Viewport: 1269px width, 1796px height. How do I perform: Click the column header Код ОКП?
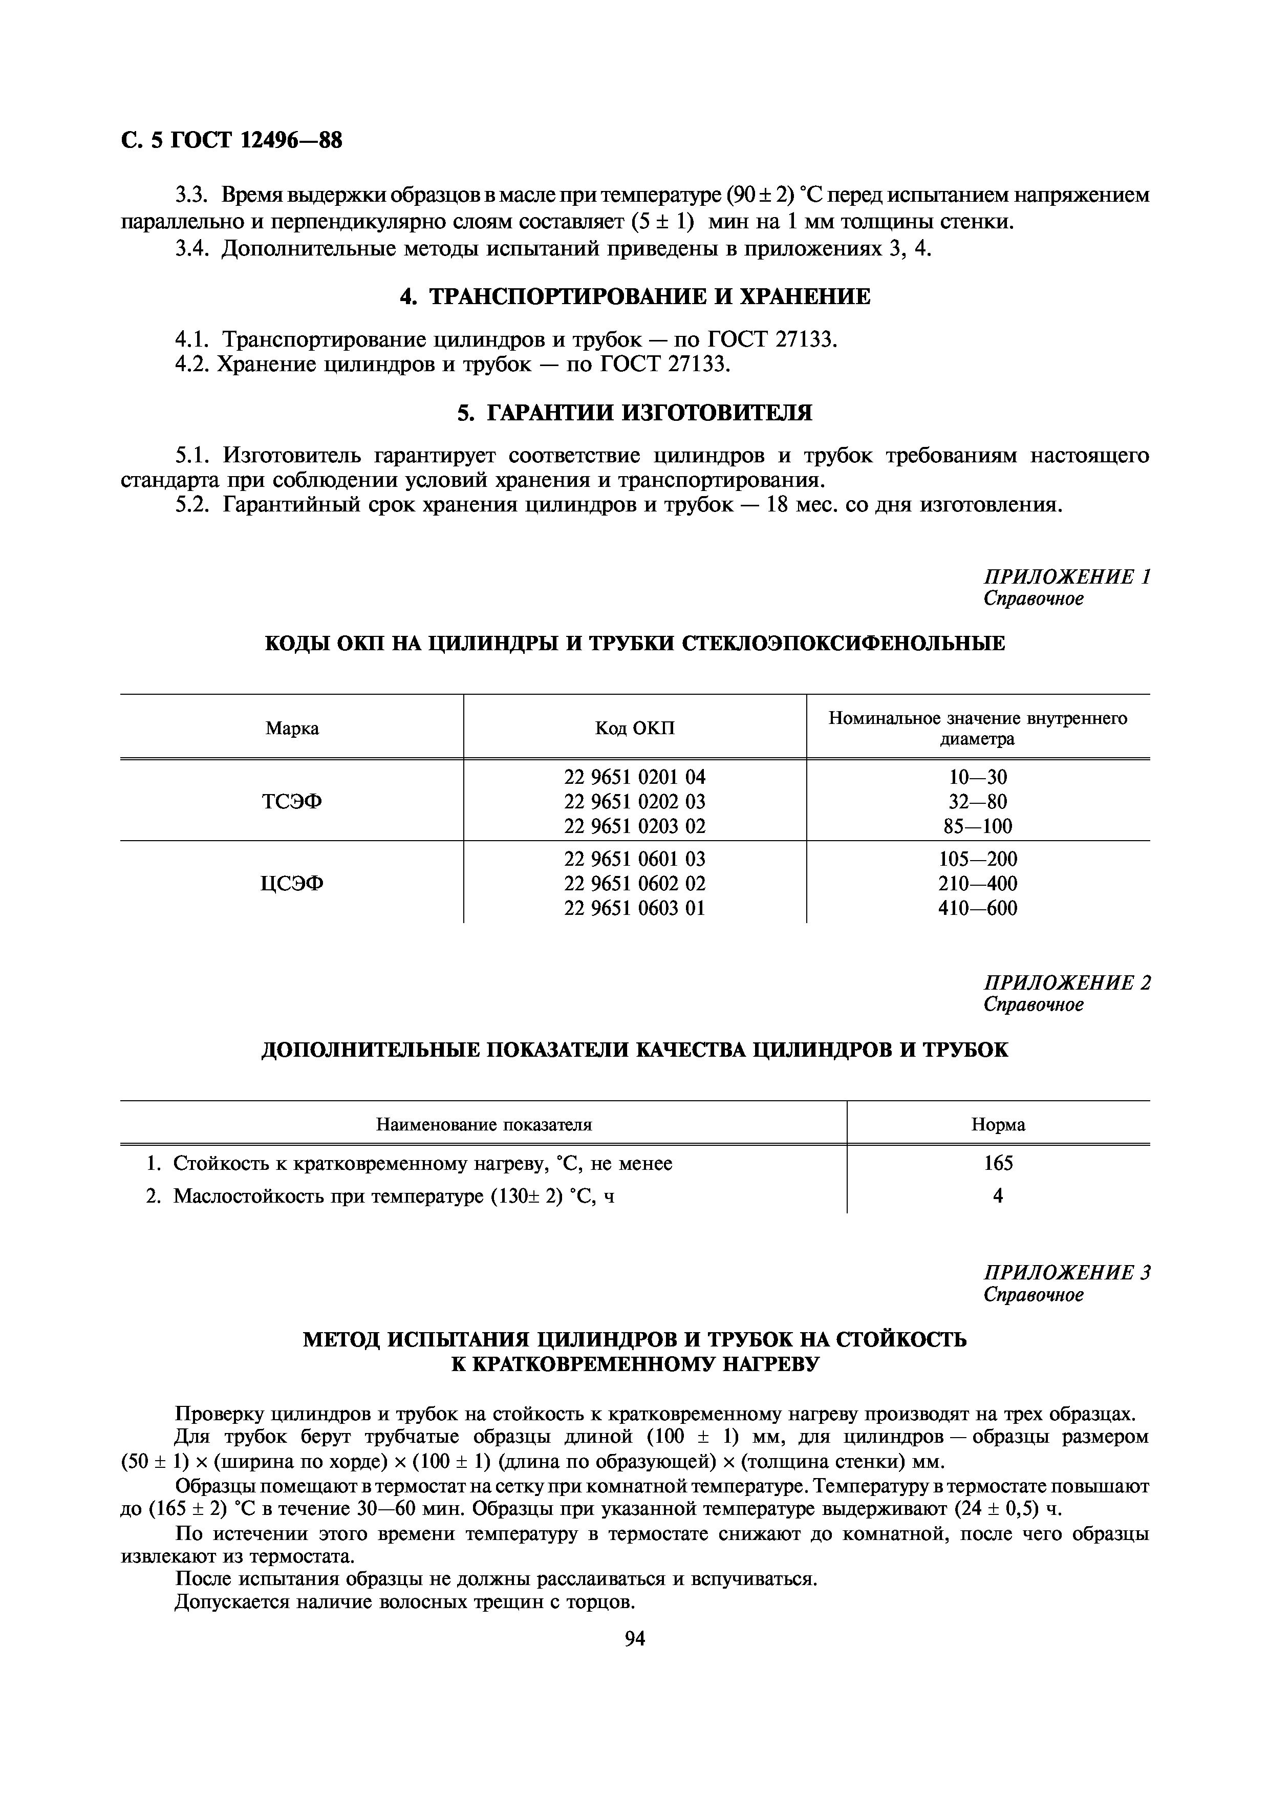634,728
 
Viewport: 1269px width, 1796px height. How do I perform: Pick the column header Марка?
292,728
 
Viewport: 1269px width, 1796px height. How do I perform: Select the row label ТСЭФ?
292,801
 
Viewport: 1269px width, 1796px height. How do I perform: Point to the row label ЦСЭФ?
292,883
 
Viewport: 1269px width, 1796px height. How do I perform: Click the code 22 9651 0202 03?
634,801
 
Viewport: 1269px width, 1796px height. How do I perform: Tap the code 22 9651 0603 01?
634,908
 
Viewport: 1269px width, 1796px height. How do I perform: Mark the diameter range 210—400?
977,883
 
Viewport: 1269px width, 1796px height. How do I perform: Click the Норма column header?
998,1125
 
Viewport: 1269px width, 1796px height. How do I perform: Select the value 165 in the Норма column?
998,1163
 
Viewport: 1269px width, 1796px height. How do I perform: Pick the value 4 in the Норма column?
998,1195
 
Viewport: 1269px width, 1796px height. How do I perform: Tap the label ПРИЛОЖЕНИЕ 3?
1066,1273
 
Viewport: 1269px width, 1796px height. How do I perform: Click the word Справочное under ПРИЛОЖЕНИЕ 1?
1033,598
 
